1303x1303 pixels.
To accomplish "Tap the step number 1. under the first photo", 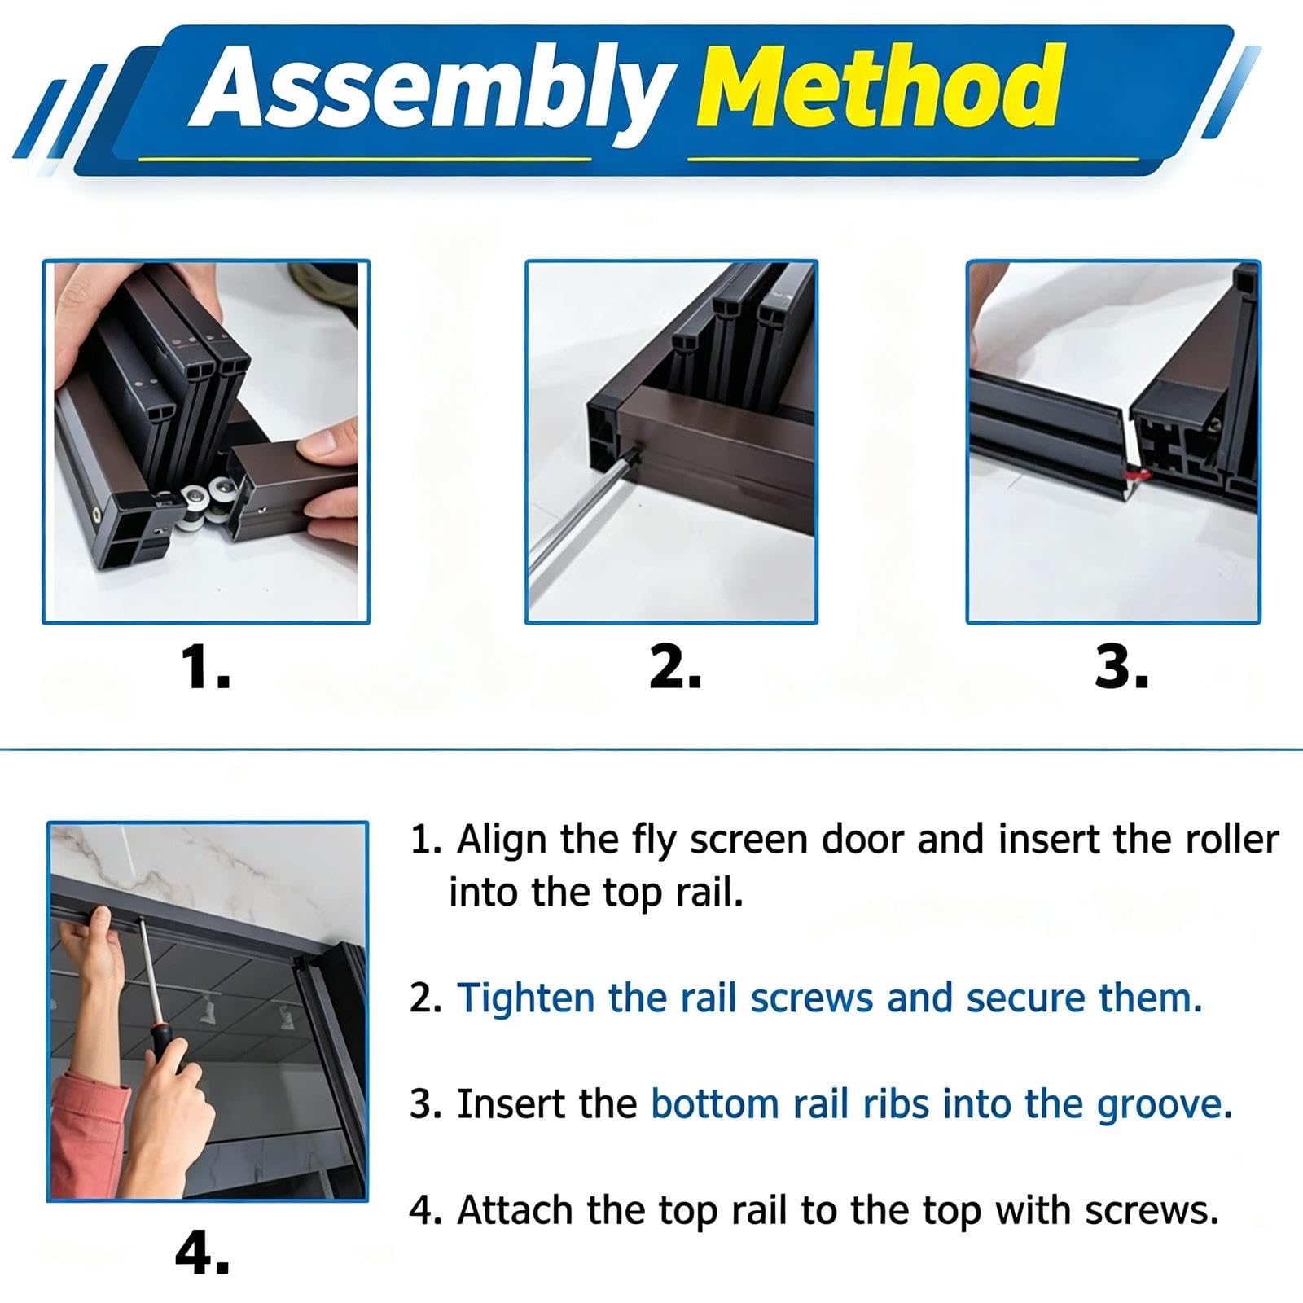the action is (x=204, y=668).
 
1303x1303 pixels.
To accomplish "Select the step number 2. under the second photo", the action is (x=675, y=668).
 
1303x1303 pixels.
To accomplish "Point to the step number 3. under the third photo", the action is (x=1121, y=668).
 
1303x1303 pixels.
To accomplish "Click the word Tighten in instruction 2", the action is (x=526, y=999).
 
